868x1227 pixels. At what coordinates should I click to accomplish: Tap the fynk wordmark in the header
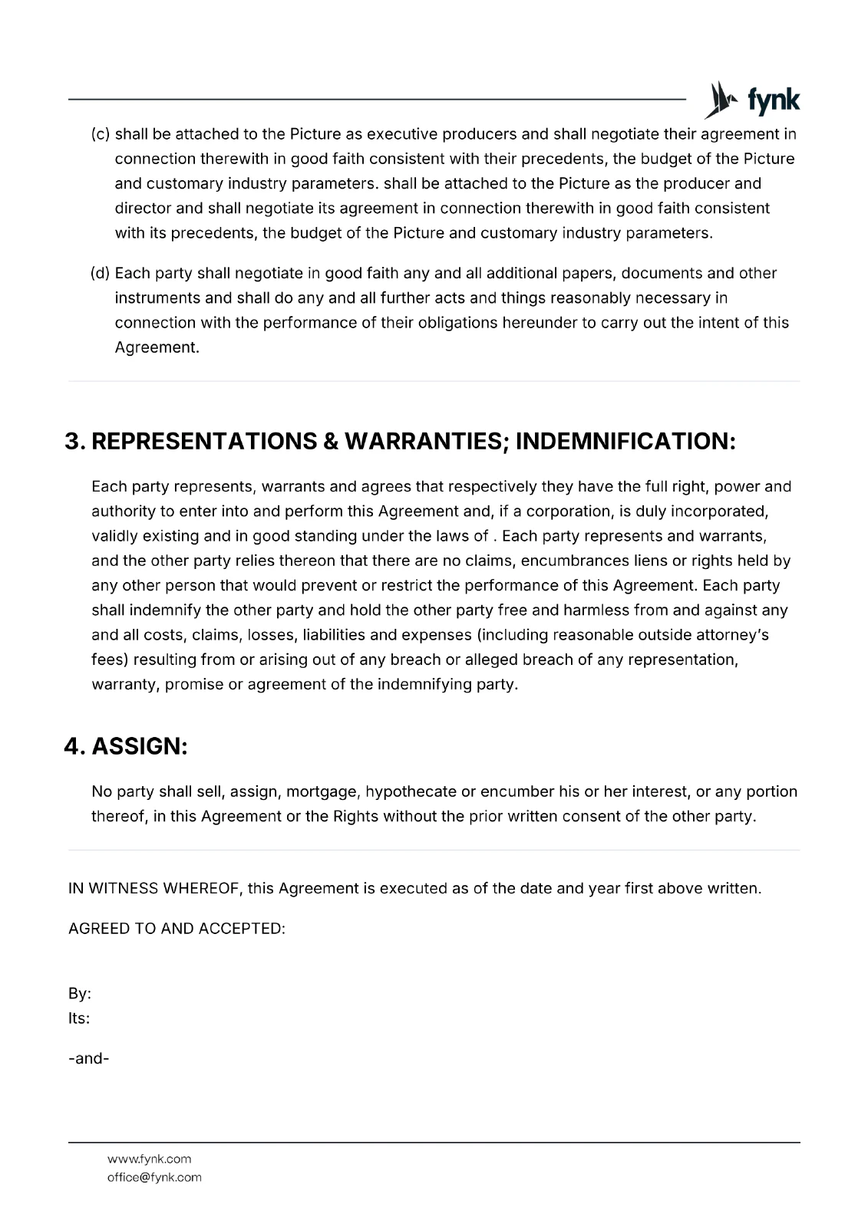773,101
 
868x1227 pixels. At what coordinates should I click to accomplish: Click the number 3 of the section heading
74,442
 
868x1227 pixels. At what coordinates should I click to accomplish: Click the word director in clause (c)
143,209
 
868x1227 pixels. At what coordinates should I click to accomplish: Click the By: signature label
80,994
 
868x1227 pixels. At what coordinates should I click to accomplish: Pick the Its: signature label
79,1018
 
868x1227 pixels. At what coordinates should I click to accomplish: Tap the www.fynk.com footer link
149,1159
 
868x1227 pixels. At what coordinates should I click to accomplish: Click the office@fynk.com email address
154,1177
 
